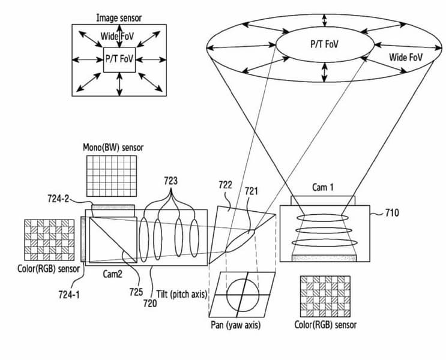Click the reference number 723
(170, 181)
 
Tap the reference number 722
(225, 185)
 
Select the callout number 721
(252, 191)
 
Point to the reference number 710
(392, 213)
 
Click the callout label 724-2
(58, 199)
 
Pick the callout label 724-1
(69, 295)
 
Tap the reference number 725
(136, 292)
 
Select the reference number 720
(150, 304)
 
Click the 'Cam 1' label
(323, 187)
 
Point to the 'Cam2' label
(113, 274)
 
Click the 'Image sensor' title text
(119, 18)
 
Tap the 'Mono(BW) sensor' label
(113, 148)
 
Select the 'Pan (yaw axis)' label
(236, 325)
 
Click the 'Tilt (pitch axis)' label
(182, 294)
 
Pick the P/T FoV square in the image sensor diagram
(119, 60)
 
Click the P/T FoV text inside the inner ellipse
(324, 44)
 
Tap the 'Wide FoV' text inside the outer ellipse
(406, 58)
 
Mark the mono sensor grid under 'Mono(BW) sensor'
(112, 176)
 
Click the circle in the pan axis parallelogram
(243, 295)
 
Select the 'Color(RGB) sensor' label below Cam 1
(325, 325)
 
